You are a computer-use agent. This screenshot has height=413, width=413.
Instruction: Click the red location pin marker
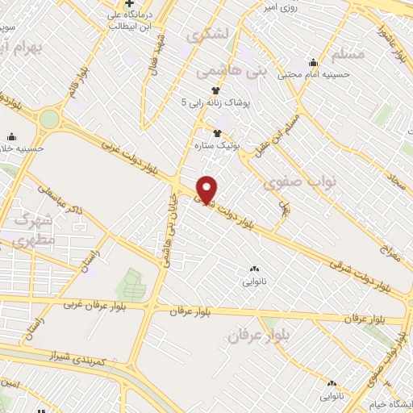coord(207,188)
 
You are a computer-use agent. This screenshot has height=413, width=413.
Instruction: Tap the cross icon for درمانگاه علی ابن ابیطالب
coord(128,3)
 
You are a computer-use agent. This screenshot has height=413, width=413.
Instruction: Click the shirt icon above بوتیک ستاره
coord(216,133)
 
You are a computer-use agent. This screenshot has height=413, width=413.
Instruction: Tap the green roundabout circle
coord(49,120)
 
